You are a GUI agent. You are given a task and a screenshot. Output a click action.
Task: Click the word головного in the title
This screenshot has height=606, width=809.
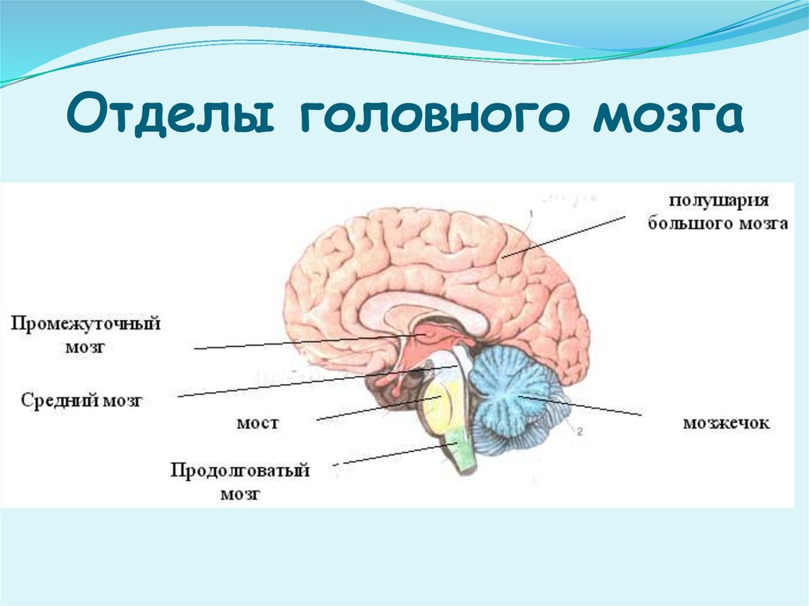tap(427, 116)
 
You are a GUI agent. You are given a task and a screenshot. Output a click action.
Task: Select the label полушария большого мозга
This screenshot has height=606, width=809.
tap(717, 212)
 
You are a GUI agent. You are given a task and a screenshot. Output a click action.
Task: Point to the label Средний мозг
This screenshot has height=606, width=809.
tap(82, 401)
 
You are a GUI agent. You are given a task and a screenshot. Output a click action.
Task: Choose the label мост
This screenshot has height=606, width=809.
tap(258, 423)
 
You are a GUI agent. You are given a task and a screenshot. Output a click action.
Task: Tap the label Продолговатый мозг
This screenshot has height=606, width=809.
tap(240, 482)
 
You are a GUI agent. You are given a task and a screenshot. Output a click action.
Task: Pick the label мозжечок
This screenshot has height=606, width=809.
tap(726, 423)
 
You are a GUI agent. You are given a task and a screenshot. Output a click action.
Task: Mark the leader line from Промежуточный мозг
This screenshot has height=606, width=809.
tap(300, 342)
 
